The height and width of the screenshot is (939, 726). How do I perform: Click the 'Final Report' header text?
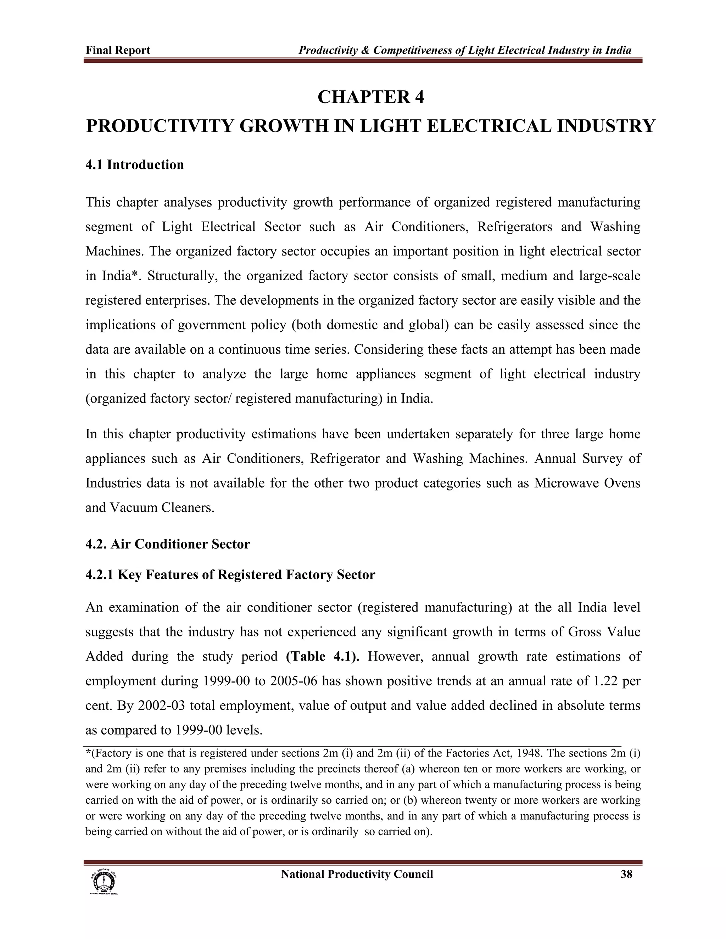click(117, 50)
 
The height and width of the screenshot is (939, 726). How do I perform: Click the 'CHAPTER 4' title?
click(370, 97)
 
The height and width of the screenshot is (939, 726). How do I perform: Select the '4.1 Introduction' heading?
click(135, 165)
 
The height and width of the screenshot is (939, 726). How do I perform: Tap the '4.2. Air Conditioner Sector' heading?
click(167, 544)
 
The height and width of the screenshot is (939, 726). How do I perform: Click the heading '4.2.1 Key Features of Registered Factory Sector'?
click(230, 575)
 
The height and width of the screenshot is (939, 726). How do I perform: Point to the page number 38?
click(626, 874)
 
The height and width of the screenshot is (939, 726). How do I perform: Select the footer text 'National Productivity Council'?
click(357, 874)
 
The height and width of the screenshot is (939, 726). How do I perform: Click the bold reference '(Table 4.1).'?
click(323, 657)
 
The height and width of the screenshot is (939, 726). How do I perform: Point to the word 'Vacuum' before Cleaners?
click(133, 508)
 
